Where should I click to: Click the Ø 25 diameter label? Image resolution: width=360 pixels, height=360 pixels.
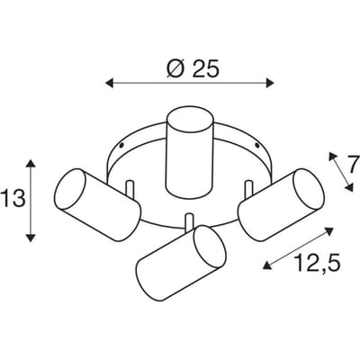(x=193, y=68)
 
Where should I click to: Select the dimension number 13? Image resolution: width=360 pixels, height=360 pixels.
(x=13, y=200)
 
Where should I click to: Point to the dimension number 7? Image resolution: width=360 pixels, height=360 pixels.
(x=355, y=164)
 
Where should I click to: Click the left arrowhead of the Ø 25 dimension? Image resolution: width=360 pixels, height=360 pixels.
(x=109, y=83)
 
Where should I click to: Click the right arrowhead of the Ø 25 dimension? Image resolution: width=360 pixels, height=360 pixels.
(x=270, y=83)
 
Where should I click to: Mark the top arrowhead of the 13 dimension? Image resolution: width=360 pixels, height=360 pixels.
(x=31, y=164)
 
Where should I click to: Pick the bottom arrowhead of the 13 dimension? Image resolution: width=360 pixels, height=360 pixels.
(x=31, y=238)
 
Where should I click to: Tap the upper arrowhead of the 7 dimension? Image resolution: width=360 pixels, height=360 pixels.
(x=331, y=156)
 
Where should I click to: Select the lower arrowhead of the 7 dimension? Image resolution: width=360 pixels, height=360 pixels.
(x=349, y=187)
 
